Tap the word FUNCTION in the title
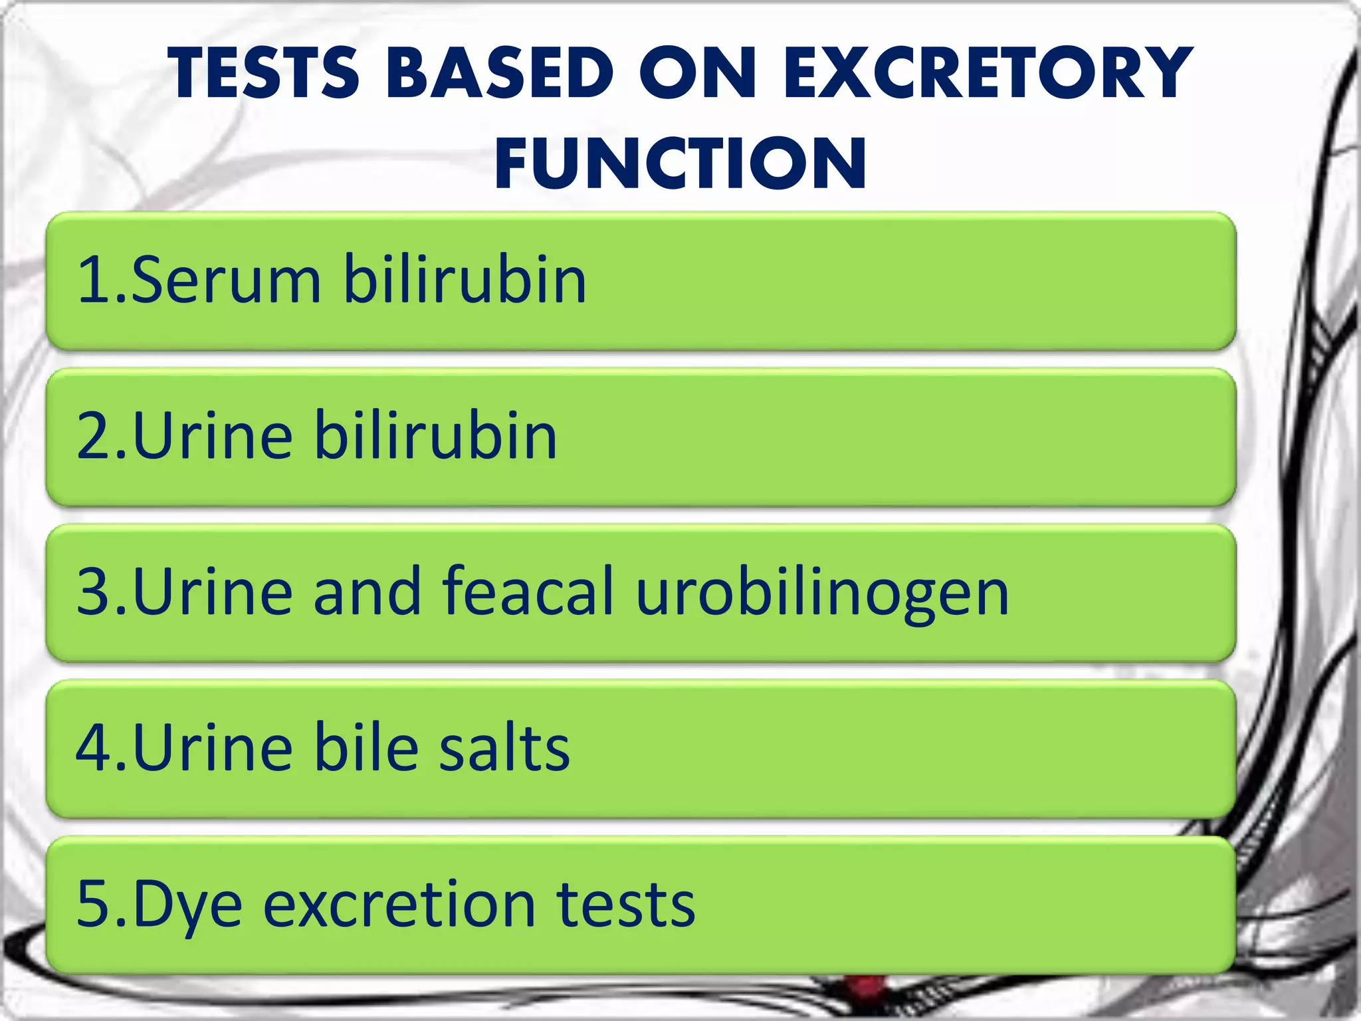click(680, 163)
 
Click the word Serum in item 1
click(227, 280)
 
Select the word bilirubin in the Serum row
click(465, 280)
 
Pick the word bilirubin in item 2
click(435, 436)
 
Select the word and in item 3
click(367, 592)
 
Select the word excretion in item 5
click(399, 904)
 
